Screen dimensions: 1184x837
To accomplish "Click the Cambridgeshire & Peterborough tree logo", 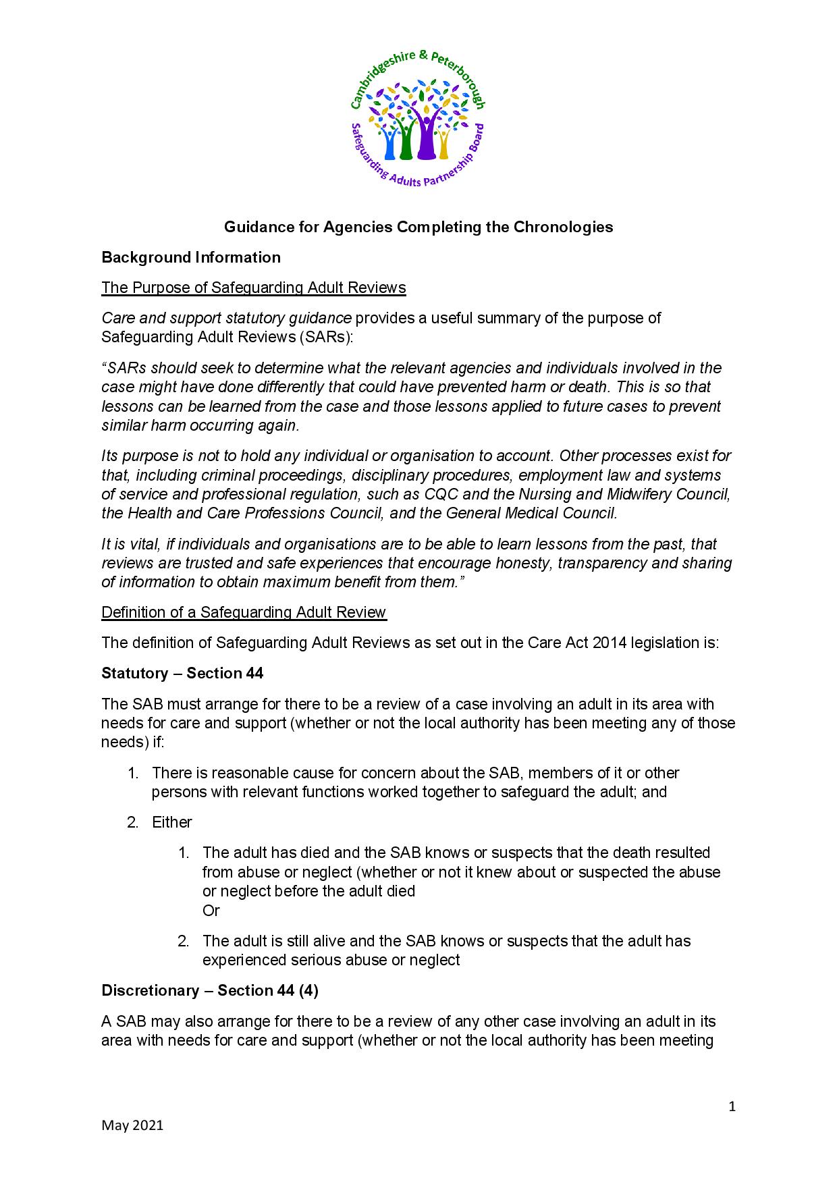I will pyautogui.click(x=418, y=121).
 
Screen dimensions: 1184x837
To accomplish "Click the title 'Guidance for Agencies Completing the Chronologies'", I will pyautogui.click(x=418, y=227).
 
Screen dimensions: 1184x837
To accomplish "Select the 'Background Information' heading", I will pyautogui.click(x=190, y=257).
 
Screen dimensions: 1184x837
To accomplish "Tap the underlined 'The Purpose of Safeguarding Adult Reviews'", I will pyautogui.click(x=253, y=288).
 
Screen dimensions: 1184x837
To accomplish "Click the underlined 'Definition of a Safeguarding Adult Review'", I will pyautogui.click(x=243, y=612).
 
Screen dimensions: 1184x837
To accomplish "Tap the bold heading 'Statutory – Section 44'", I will pyautogui.click(x=182, y=673).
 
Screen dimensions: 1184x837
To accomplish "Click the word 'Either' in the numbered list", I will pyautogui.click(x=171, y=822).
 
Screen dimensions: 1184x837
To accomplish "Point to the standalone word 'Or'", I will pyautogui.click(x=211, y=911).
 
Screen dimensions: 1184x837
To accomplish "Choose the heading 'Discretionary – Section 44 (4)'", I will pyautogui.click(x=209, y=990).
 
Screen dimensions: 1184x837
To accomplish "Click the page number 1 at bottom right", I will pyautogui.click(x=732, y=1106).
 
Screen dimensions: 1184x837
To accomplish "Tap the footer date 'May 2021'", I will pyautogui.click(x=132, y=1125).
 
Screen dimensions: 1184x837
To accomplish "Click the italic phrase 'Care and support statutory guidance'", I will pyautogui.click(x=225, y=318).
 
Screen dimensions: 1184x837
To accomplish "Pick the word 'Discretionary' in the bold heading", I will pyautogui.click(x=149, y=990).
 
